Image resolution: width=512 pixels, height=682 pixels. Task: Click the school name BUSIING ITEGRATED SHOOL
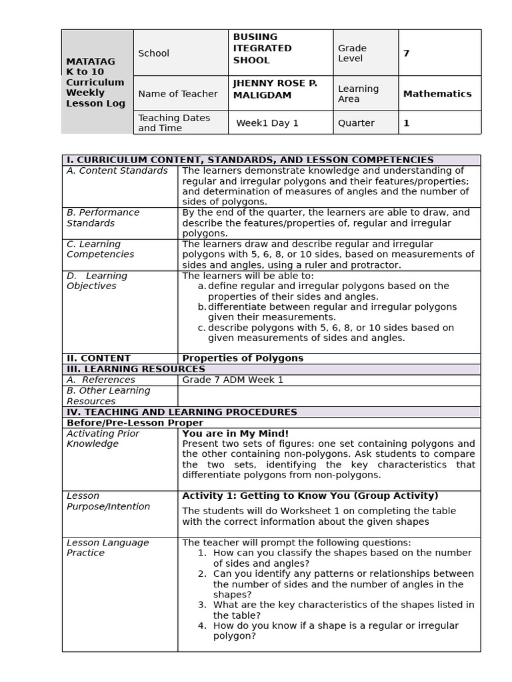(x=262, y=49)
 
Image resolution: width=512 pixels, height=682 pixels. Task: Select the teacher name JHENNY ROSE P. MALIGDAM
(x=275, y=89)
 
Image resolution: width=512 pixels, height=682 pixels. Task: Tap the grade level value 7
(x=406, y=53)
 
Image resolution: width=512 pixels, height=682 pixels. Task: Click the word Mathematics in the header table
(x=437, y=94)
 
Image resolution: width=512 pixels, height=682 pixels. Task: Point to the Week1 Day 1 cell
(x=267, y=123)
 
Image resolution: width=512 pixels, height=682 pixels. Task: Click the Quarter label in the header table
(x=356, y=123)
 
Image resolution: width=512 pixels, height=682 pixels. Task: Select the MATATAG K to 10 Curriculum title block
(x=95, y=82)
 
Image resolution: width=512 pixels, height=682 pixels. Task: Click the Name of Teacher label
(x=177, y=94)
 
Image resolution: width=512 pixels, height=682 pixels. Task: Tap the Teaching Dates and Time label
(x=174, y=123)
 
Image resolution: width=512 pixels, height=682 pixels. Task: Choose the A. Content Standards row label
(x=117, y=171)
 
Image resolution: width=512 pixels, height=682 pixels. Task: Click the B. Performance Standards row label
(x=103, y=218)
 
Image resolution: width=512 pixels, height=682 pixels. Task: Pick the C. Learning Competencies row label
(x=100, y=249)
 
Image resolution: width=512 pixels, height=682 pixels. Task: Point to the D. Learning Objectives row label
(x=97, y=280)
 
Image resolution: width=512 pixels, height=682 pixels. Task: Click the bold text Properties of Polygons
(x=243, y=358)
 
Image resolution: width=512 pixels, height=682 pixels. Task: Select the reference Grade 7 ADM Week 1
(x=233, y=380)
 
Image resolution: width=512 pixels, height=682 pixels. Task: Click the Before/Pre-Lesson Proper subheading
(x=135, y=423)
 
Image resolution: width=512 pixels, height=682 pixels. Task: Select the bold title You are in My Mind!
(x=235, y=434)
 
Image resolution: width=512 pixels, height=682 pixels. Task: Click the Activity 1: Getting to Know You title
(x=310, y=496)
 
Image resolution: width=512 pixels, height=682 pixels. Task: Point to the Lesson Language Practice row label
(x=107, y=547)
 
